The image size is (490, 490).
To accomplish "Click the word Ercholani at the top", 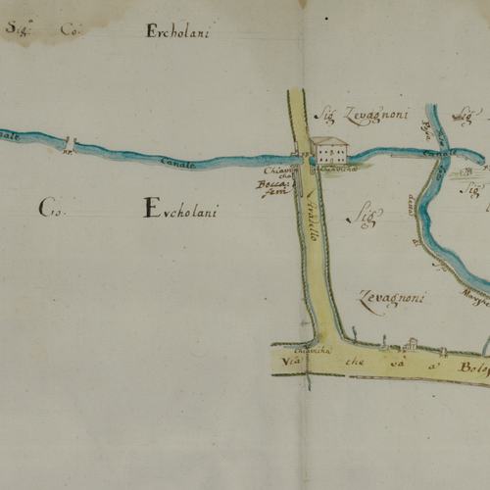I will [x=179, y=30].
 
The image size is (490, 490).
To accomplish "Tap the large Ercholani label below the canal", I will [x=181, y=209].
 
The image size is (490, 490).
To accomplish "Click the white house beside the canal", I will [x=329, y=151].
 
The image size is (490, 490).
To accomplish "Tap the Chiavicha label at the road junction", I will [x=294, y=348].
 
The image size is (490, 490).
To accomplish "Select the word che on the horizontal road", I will [x=353, y=366].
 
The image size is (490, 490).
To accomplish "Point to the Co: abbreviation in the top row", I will [x=70, y=29].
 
